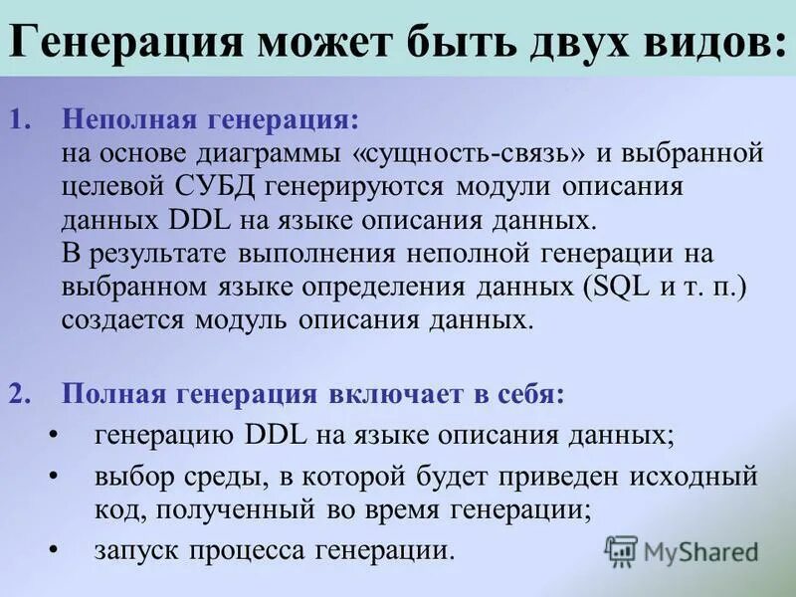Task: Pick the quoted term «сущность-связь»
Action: [x=478, y=154]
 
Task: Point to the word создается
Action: [x=122, y=320]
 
